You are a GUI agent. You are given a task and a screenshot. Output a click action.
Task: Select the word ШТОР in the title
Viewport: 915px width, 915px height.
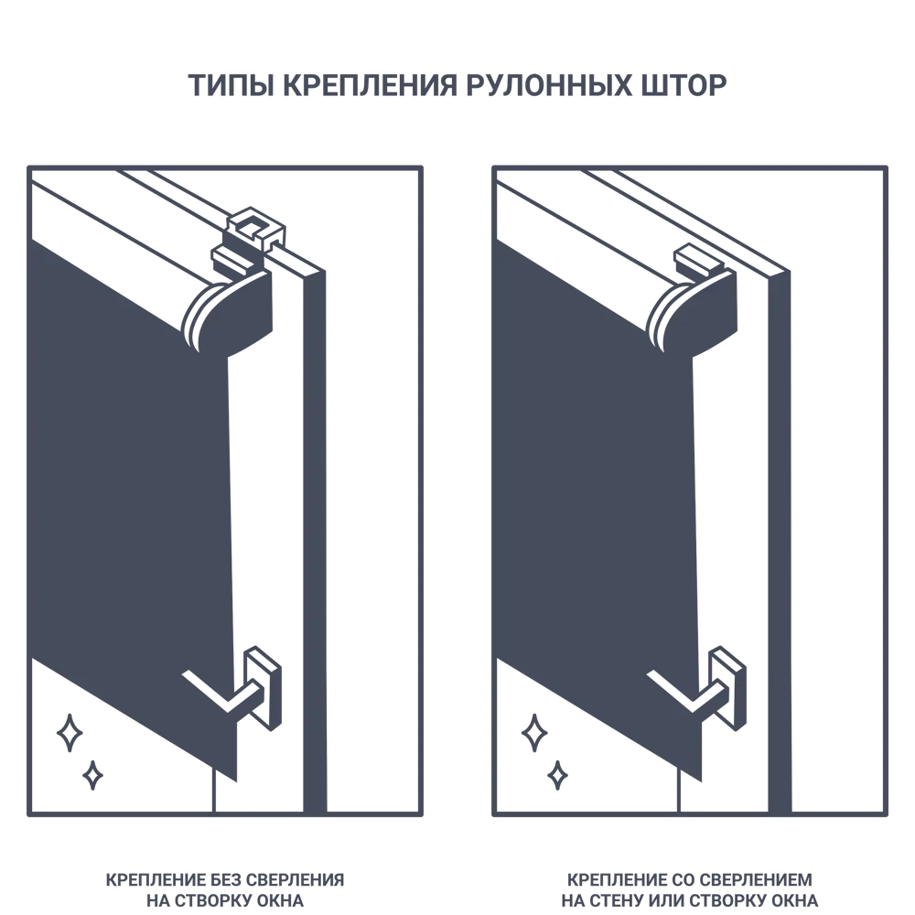(684, 85)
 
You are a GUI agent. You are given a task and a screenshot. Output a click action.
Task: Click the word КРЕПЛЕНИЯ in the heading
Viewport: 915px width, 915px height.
(370, 85)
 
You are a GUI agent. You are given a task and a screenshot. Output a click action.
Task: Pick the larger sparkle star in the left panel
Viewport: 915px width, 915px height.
(70, 733)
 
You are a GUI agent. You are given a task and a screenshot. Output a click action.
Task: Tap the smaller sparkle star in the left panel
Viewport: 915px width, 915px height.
(92, 776)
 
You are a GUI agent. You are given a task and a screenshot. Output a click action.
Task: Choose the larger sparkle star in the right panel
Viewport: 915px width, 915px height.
(534, 733)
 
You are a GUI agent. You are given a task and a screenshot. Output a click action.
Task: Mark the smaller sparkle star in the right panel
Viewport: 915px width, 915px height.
(558, 776)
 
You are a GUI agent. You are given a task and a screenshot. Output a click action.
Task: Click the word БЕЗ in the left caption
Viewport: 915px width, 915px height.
(225, 880)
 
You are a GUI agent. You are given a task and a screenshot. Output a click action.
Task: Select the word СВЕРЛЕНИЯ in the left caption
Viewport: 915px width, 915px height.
(295, 880)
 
